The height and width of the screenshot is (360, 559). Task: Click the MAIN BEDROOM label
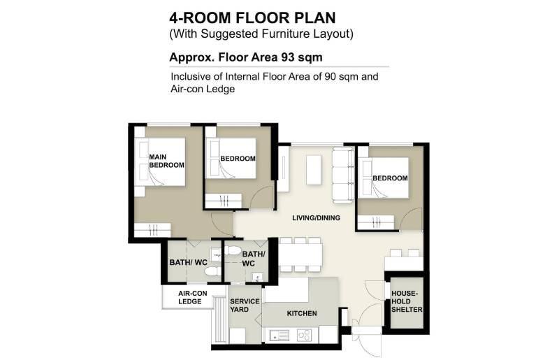[x=166, y=161]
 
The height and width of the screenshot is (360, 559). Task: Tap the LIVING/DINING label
[x=316, y=217]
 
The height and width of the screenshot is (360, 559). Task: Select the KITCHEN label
[x=302, y=313]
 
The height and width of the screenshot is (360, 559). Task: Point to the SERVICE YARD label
[x=245, y=305]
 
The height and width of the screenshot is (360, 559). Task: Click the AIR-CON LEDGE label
[x=193, y=297]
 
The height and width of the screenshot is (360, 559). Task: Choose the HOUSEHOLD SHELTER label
[x=407, y=301]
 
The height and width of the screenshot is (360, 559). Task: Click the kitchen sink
[x=279, y=336]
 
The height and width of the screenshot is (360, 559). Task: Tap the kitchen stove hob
[x=305, y=335]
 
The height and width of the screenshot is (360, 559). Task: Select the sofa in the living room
[x=343, y=175]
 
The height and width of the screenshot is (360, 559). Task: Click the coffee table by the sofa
[x=314, y=169]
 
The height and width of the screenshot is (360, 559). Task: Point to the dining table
[x=301, y=254]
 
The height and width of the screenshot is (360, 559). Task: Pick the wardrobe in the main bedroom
[x=152, y=230]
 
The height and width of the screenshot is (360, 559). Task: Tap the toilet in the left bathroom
[x=213, y=271]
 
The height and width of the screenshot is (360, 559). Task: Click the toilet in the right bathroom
[x=233, y=250]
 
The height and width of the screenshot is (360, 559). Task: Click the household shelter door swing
[x=375, y=287]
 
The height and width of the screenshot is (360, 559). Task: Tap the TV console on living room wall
[x=284, y=168]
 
